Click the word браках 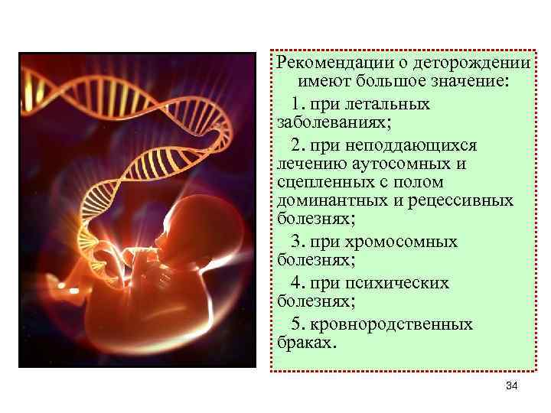click(304, 343)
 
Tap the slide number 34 click(512, 388)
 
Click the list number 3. click(297, 242)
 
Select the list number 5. click(297, 324)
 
